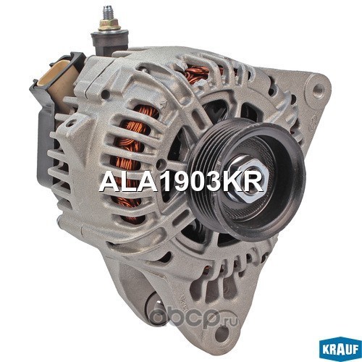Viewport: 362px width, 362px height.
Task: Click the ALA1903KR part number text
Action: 181,182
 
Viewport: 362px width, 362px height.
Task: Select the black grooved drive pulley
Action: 247,179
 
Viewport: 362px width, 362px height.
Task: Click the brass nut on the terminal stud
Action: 109,25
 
